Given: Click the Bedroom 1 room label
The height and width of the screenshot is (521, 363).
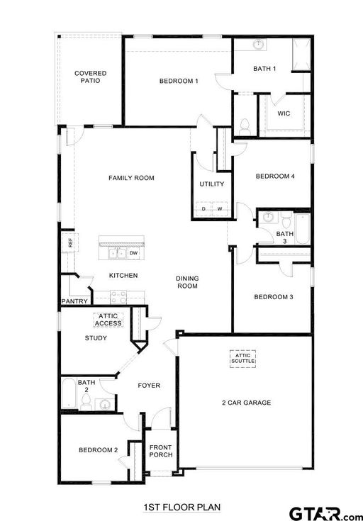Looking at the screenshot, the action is [179, 81].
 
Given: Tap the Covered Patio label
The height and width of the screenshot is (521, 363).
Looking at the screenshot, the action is [91, 77].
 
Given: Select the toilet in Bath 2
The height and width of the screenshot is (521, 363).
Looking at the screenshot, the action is [86, 402].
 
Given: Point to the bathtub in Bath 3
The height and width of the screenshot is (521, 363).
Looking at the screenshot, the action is [303, 229].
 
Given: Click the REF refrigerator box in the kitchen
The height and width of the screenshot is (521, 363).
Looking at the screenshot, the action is [69, 242].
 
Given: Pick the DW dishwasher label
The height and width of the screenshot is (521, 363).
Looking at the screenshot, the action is [133, 253].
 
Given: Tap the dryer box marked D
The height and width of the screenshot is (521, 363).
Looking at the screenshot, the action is [203, 209].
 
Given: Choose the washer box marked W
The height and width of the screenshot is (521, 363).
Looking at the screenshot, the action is [220, 209].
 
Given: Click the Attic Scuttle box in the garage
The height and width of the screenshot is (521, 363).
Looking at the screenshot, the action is [243, 359].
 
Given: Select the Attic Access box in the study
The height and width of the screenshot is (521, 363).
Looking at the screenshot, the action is [108, 320].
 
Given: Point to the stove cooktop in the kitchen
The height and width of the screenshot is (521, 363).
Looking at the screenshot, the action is [118, 298].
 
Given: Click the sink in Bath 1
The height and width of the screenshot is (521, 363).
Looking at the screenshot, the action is [259, 45].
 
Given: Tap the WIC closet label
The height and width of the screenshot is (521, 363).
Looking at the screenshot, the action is [284, 113].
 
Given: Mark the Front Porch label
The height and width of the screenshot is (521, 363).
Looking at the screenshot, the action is [161, 451].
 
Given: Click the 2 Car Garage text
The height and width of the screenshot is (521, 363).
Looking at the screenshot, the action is [246, 403].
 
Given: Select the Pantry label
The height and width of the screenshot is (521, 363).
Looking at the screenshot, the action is [74, 301].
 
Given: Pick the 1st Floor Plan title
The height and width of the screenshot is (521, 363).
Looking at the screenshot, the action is [182, 508].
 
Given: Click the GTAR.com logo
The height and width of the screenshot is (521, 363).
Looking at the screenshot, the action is [325, 513].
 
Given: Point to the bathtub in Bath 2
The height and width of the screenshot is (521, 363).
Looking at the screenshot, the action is [69, 393].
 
